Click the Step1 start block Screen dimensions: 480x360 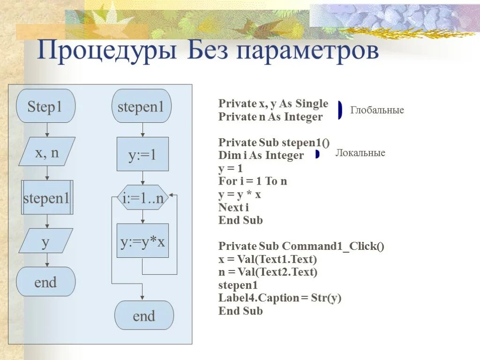45,106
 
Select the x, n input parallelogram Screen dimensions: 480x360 47,151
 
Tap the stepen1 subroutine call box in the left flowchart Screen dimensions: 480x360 47,197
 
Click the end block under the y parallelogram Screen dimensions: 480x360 45,282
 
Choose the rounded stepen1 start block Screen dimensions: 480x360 142,106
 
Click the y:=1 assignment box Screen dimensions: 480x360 142,154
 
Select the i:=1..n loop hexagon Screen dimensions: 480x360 142,199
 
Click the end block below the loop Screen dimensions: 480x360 143,315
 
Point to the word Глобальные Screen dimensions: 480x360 377,110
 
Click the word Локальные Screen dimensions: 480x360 360,153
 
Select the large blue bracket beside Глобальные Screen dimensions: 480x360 340,110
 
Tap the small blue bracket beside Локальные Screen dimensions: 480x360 317,154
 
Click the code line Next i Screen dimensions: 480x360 233,207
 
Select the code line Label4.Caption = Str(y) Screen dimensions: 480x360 279,298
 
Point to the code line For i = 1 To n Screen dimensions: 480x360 253,181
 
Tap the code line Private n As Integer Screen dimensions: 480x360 270,117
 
